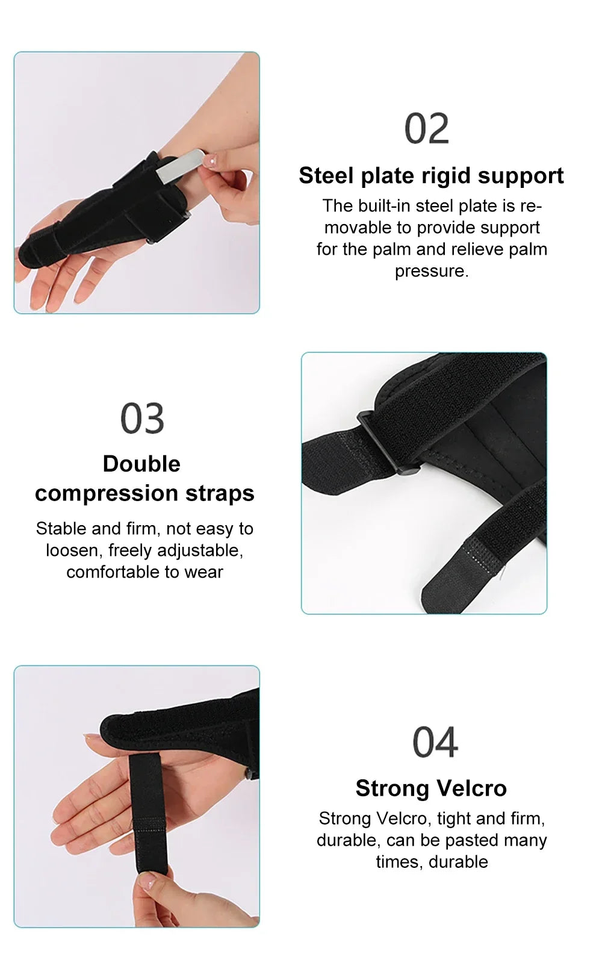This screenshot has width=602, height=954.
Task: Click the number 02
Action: click(426, 128)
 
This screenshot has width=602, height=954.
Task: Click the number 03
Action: click(142, 418)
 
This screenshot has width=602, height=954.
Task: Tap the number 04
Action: click(435, 742)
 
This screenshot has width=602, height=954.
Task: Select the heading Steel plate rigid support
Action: click(431, 175)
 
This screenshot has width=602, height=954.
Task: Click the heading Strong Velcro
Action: click(431, 788)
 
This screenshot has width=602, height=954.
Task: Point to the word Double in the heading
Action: click(141, 464)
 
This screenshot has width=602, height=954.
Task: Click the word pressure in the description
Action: click(431, 271)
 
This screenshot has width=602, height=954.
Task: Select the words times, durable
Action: click(432, 861)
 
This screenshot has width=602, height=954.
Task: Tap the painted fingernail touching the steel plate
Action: click(211, 160)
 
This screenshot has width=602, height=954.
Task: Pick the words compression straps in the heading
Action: click(144, 493)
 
